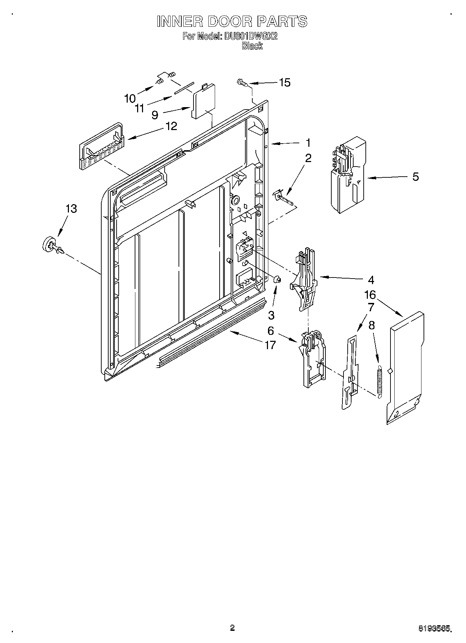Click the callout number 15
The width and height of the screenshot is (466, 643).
point(285,83)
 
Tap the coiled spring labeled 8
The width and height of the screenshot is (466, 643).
point(380,381)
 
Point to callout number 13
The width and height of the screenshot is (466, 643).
point(71,209)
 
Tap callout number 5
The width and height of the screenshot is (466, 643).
point(415,177)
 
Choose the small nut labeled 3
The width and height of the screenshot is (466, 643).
point(277,279)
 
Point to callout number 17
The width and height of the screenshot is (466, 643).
point(270,345)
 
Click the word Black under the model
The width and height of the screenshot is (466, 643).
point(252,46)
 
